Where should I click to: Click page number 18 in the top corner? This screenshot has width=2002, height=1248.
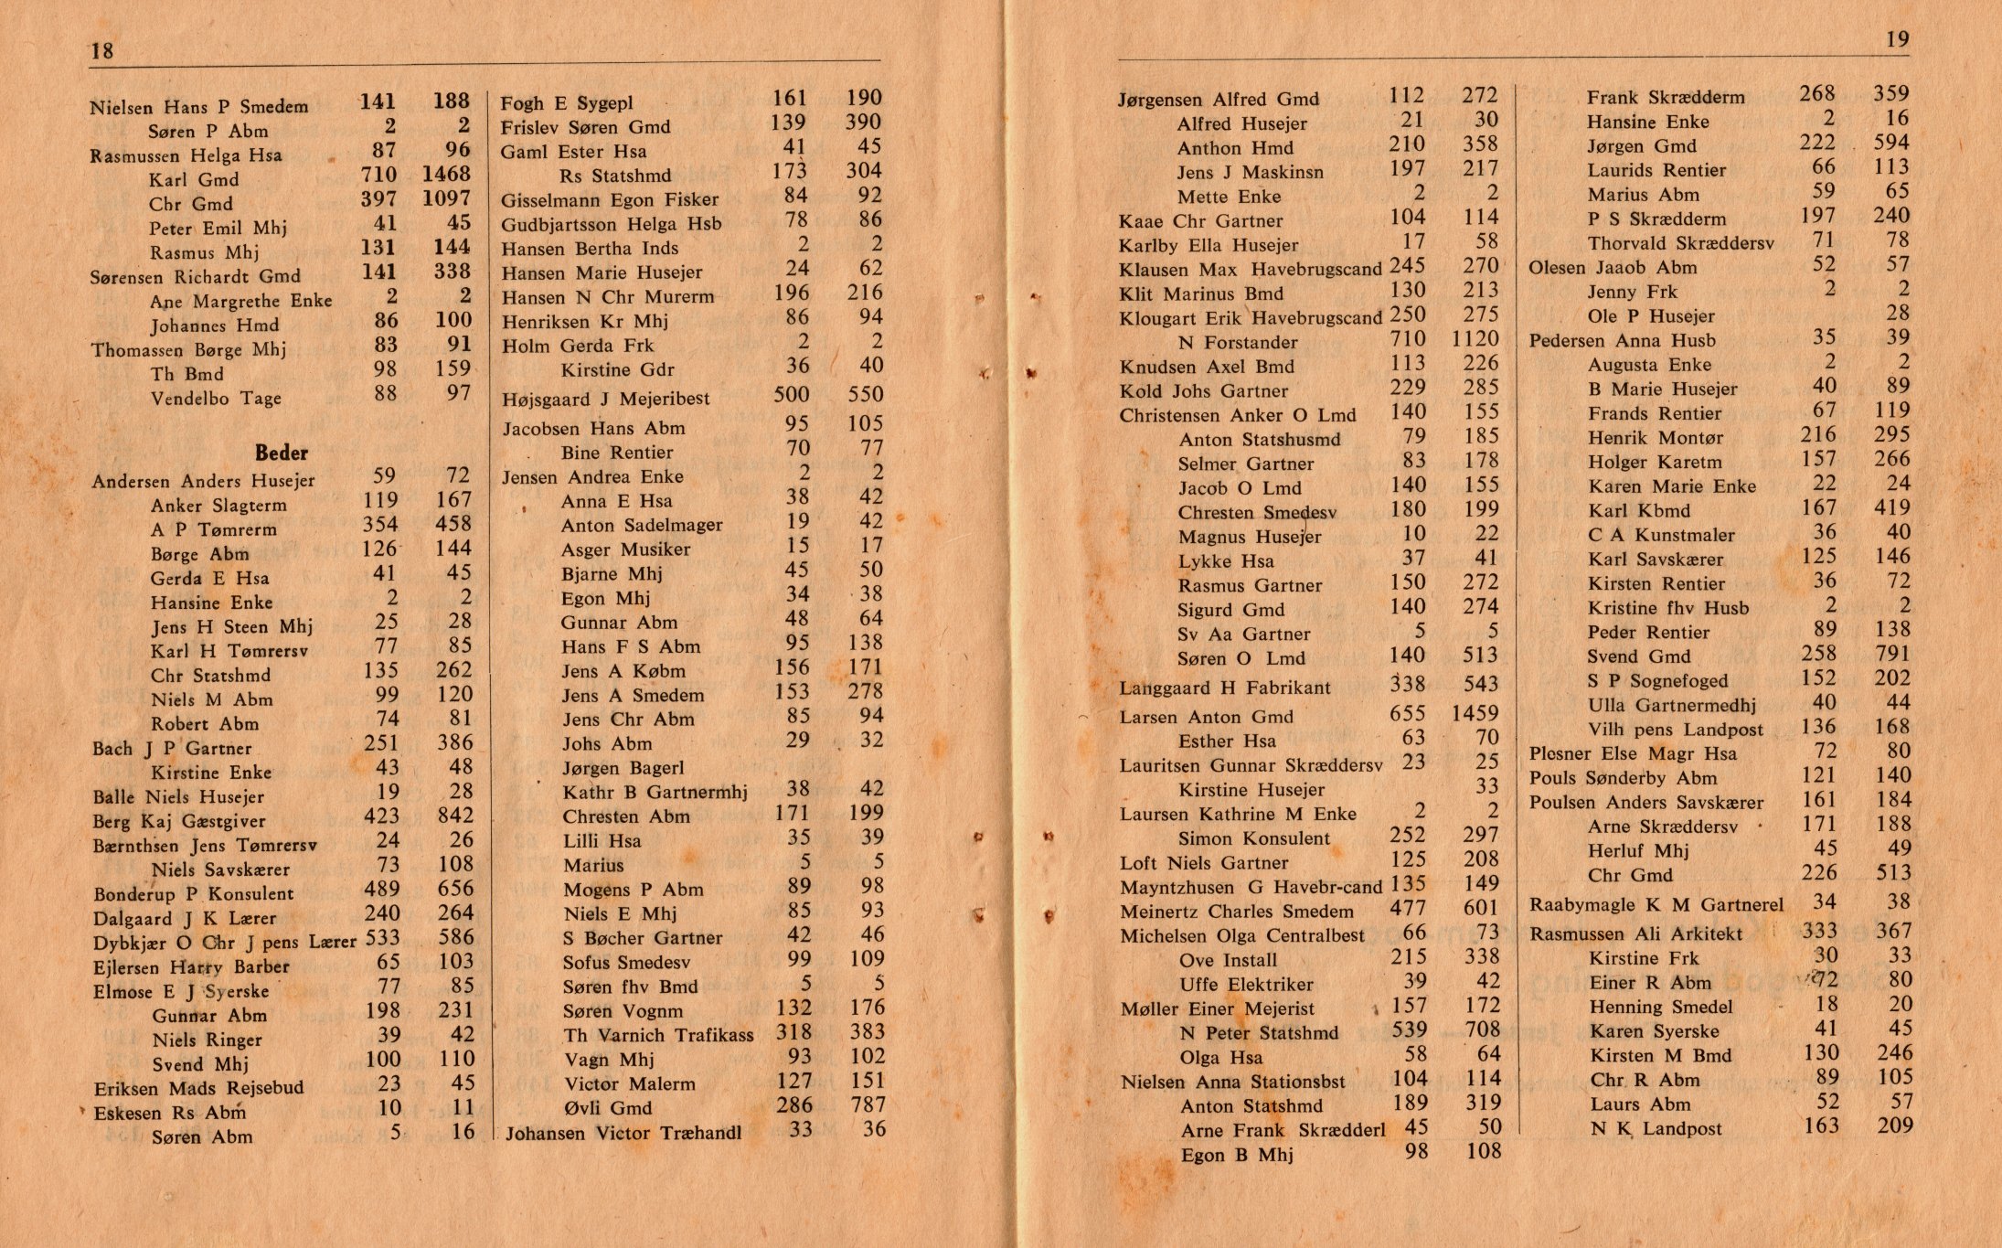(101, 50)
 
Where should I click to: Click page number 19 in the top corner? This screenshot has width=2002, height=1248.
(1897, 39)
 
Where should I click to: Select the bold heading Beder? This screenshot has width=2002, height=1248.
(281, 453)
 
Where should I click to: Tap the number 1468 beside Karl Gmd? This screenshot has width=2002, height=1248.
(446, 174)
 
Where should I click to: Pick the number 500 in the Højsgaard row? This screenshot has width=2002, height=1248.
(791, 394)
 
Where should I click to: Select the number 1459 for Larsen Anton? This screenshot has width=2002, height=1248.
(1475, 713)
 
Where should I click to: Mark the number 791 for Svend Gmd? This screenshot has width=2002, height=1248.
(1891, 654)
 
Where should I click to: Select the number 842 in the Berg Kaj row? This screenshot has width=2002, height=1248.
(454, 816)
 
